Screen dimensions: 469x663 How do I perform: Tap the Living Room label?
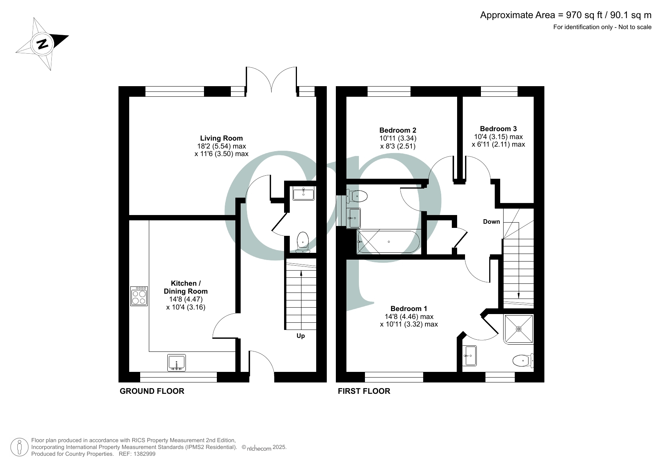[221, 138]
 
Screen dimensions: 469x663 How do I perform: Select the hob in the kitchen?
[139, 296]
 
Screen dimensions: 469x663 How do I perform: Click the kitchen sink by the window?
[176, 363]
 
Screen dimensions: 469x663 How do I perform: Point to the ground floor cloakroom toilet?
[303, 242]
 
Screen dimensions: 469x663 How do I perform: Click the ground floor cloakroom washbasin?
[304, 194]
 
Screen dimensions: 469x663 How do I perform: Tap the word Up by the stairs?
[301, 336]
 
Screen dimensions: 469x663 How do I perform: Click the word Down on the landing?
[491, 222]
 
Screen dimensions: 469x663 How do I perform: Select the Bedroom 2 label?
[398, 130]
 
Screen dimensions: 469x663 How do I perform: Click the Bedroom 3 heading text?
[498, 129]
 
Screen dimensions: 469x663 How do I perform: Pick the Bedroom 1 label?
[409, 309]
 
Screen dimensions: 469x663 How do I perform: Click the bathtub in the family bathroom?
[388, 241]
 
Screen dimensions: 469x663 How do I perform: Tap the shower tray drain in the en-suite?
[519, 329]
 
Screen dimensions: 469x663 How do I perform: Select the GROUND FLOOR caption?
[152, 391]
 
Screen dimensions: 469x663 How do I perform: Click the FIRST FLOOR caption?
[364, 391]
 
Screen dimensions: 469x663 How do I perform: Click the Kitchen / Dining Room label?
[185, 287]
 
